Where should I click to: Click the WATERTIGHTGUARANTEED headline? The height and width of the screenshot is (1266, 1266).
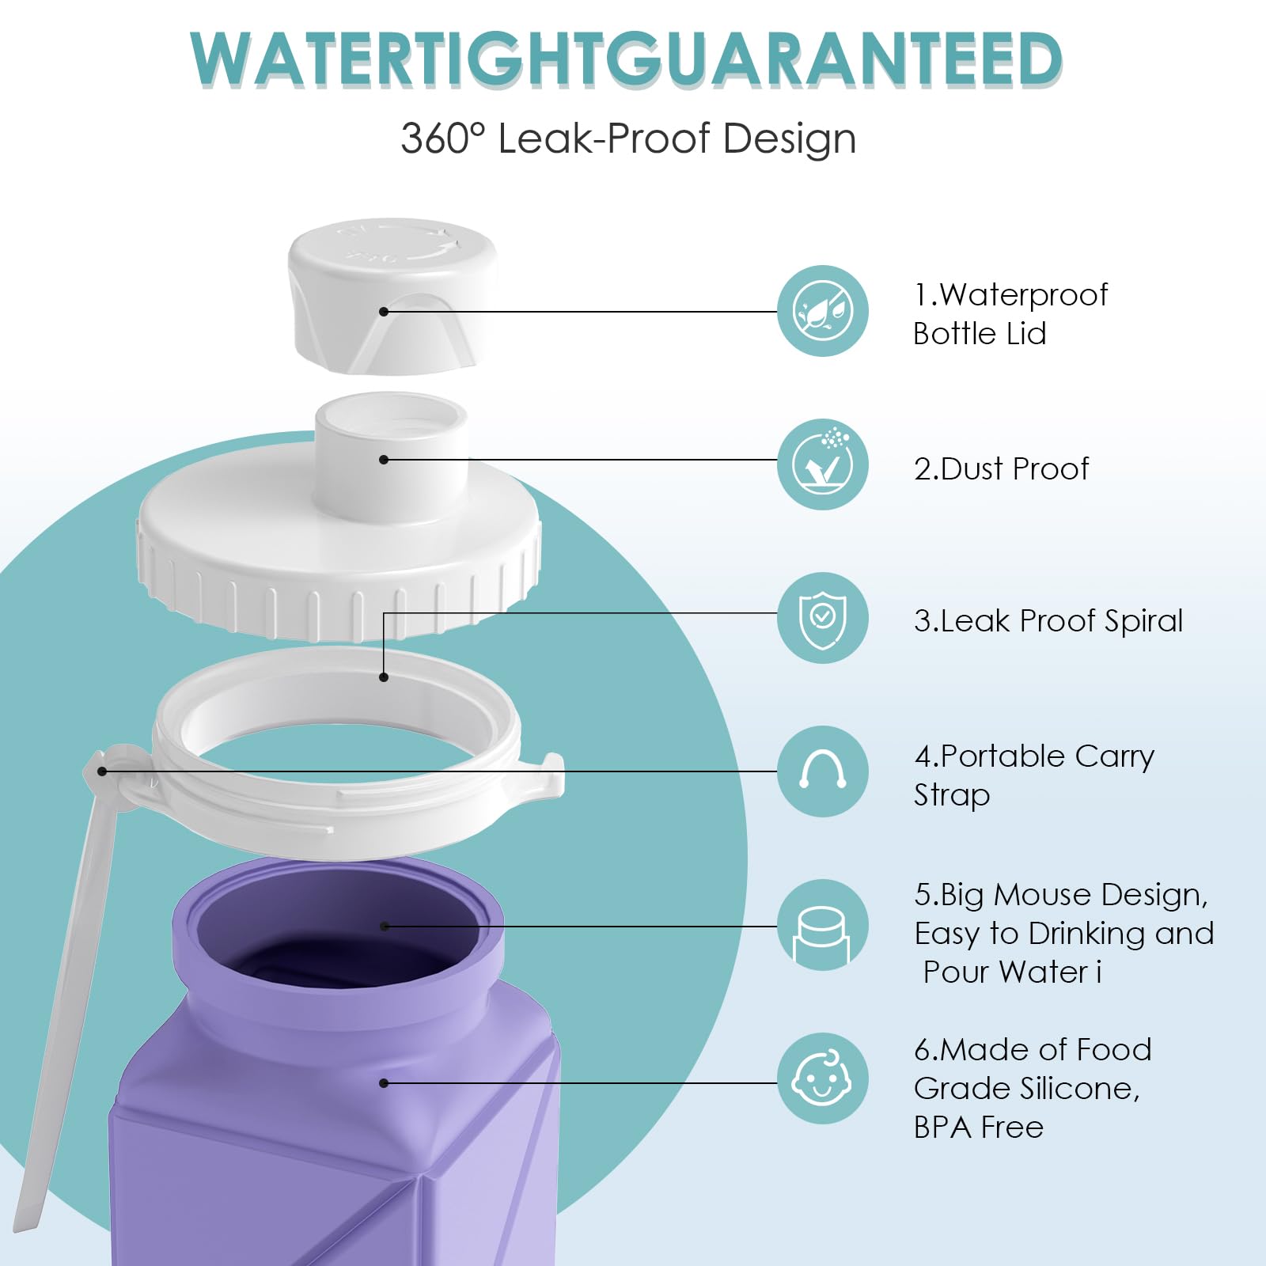[627, 59]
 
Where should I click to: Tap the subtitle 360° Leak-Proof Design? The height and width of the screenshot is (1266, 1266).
[628, 138]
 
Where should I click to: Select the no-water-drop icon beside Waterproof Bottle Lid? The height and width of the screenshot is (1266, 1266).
[823, 311]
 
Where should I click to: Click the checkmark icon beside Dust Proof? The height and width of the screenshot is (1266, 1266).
[823, 464]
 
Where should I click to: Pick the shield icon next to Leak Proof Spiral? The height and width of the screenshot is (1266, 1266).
[823, 618]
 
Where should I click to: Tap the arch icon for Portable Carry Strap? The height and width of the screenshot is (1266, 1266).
[823, 771]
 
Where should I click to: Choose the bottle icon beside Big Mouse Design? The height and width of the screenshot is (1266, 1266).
[823, 925]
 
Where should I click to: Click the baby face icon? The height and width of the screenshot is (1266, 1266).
[823, 1078]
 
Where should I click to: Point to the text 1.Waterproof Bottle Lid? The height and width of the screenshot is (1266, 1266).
[1010, 314]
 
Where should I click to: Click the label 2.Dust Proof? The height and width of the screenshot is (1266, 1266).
[1001, 469]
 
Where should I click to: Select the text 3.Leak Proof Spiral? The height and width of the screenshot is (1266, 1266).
[1048, 622]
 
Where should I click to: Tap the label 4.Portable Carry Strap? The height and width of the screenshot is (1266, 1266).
[1034, 775]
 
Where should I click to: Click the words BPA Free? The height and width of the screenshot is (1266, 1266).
[979, 1128]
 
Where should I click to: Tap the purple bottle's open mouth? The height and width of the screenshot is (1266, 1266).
[338, 934]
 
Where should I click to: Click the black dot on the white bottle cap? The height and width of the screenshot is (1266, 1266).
[384, 312]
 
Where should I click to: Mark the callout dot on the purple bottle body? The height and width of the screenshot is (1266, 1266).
[384, 1083]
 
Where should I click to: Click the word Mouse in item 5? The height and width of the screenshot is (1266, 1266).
[1043, 895]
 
